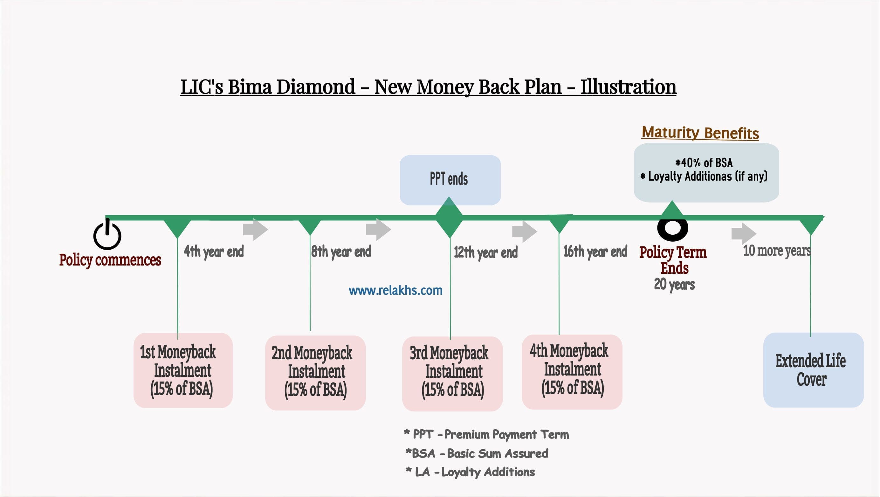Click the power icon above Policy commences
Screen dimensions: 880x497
point(107,235)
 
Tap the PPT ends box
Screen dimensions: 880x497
point(450,180)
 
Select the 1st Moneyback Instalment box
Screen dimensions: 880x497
point(183,370)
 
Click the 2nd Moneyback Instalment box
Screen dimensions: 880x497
point(315,373)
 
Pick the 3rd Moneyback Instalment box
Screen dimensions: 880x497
point(452,374)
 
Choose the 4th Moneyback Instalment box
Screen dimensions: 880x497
point(572,372)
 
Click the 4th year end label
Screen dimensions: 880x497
point(214,252)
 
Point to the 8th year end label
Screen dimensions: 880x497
point(341,252)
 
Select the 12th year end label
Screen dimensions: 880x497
point(486,252)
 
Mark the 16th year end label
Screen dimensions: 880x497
point(595,252)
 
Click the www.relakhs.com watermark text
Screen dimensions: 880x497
point(395,290)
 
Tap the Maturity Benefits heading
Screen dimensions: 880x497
point(700,133)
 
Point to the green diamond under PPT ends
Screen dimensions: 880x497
point(449,217)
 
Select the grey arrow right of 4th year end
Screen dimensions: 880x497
point(256,229)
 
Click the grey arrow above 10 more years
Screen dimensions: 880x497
point(744,234)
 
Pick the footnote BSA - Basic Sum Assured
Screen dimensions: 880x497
point(477,453)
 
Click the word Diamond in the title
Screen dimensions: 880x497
point(316,87)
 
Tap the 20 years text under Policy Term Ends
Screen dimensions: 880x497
point(674,284)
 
